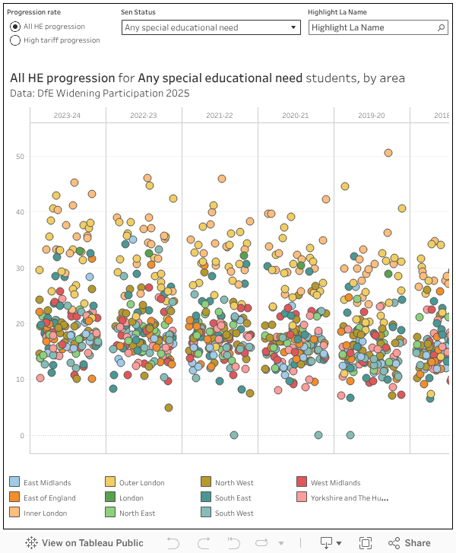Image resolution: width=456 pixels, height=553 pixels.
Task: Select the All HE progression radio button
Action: pyautogui.click(x=15, y=27)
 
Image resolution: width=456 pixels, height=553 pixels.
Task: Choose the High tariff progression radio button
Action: pyautogui.click(x=15, y=40)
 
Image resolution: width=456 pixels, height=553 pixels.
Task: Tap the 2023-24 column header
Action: pyautogui.click(x=67, y=115)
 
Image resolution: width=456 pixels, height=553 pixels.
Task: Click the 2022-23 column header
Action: pyautogui.click(x=143, y=115)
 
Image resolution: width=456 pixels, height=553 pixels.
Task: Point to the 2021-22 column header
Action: pyautogui.click(x=219, y=115)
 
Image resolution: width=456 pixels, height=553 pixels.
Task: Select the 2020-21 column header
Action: pyautogui.click(x=295, y=115)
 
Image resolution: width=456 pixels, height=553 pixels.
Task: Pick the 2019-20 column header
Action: pyautogui.click(x=371, y=115)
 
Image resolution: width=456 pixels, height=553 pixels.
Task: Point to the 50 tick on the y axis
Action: pyautogui.click(x=20, y=156)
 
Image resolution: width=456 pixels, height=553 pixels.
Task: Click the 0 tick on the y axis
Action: pyautogui.click(x=22, y=436)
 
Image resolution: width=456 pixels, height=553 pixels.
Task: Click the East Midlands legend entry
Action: pyautogui.click(x=47, y=482)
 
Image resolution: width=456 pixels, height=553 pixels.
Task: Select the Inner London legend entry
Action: pyautogui.click(x=45, y=513)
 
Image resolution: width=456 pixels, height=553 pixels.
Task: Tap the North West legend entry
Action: pyautogui.click(x=234, y=482)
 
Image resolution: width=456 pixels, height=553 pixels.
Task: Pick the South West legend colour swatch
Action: pyautogui.click(x=206, y=513)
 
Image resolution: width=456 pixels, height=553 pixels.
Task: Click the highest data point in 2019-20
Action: pyautogui.click(x=388, y=153)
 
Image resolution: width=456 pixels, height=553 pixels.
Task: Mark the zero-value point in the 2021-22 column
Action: pyautogui.click(x=234, y=435)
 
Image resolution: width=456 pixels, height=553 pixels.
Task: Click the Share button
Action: pyautogui.click(x=410, y=543)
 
